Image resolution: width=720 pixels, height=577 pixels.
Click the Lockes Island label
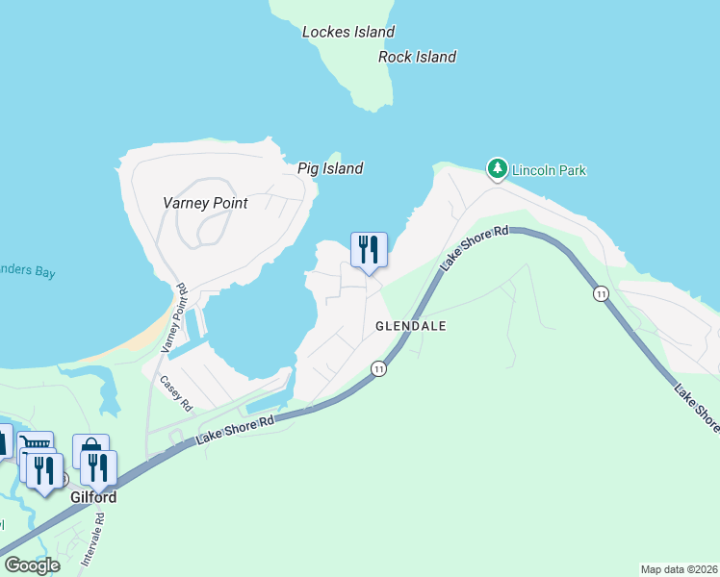click(348, 32)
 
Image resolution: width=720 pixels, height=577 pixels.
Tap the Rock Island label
click(417, 57)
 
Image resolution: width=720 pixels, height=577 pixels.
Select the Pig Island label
click(330, 168)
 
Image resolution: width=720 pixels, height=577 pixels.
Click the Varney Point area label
click(205, 203)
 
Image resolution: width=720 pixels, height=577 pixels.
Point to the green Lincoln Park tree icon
click(497, 169)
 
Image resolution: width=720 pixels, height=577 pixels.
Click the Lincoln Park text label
click(549, 170)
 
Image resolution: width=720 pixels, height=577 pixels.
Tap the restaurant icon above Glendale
click(369, 251)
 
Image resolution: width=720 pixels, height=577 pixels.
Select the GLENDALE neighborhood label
click(411, 326)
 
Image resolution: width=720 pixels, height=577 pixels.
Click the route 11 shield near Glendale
click(379, 368)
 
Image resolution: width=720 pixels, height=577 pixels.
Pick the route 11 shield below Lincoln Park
click(601, 293)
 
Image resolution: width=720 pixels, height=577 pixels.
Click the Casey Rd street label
click(177, 392)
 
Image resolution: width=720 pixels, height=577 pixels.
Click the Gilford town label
click(93, 497)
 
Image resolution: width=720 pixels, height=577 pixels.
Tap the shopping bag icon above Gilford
click(90, 450)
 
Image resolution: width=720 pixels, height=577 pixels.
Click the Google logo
click(32, 564)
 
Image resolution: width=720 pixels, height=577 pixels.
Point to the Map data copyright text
click(678, 568)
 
